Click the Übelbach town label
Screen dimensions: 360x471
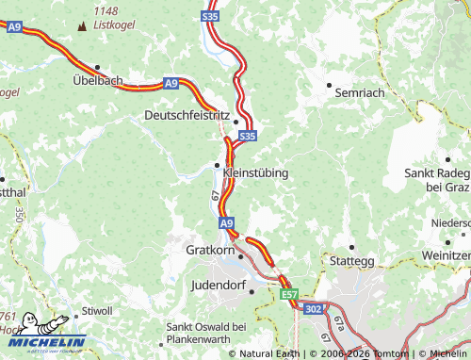point(98,81)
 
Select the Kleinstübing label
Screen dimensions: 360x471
point(255,173)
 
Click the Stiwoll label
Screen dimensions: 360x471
point(97,311)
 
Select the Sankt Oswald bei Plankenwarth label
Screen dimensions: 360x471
point(205,333)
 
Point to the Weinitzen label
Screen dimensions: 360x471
point(447,255)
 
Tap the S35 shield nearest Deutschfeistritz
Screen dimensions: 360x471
point(247,137)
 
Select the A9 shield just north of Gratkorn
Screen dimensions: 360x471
point(227,223)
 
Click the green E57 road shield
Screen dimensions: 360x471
point(288,295)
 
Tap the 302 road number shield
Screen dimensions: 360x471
point(313,307)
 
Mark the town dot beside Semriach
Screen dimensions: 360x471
point(329,85)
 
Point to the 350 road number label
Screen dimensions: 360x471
point(19,213)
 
